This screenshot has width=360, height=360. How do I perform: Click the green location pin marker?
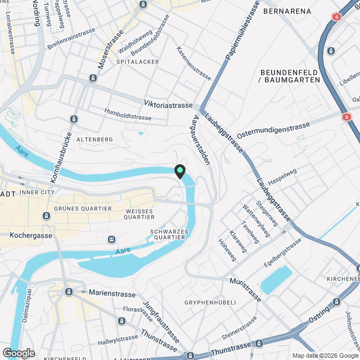click(x=180, y=171)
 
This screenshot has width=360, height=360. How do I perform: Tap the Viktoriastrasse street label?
click(x=168, y=104)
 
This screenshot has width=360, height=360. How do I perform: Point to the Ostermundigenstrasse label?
click(x=274, y=127)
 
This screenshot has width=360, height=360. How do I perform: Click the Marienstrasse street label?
click(x=112, y=293)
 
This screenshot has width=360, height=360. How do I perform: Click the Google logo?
click(x=18, y=353)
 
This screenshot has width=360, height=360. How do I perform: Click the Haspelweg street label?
click(x=282, y=178)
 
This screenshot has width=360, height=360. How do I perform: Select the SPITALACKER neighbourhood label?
click(x=138, y=62)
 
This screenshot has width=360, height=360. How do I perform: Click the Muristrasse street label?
click(x=246, y=289)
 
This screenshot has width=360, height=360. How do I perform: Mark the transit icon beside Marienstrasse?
click(x=69, y=292)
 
